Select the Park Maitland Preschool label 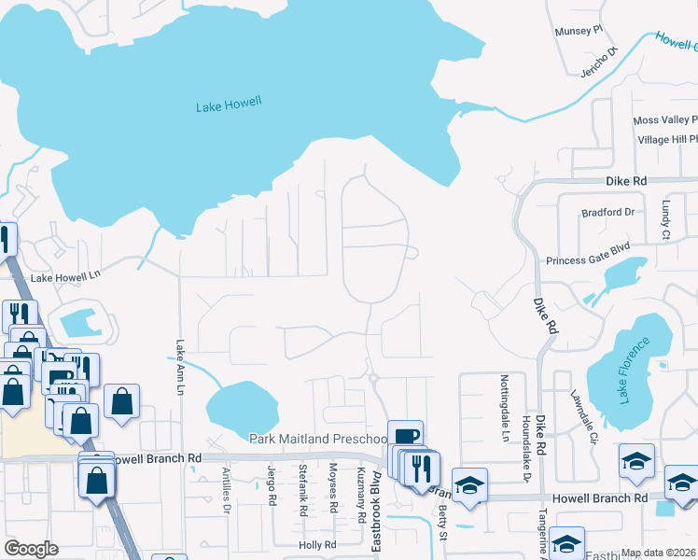[317, 439]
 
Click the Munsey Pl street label [579, 31]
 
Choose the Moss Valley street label [665, 120]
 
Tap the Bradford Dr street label [607, 212]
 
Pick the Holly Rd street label [317, 545]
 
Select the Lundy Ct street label [667, 220]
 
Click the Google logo [32, 549]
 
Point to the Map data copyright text [659, 553]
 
